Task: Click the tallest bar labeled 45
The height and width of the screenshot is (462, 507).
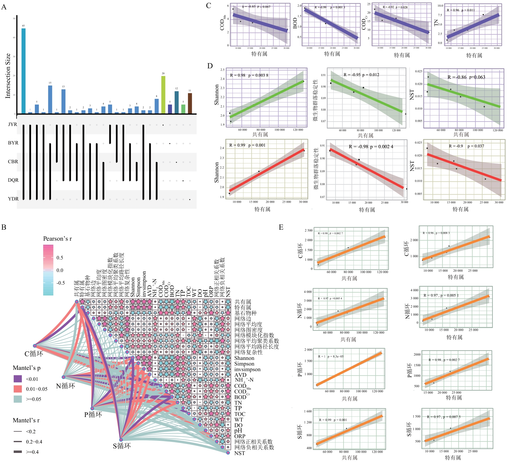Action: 23,71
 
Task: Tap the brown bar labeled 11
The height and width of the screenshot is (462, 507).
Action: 190,103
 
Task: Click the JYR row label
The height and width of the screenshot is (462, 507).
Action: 13,124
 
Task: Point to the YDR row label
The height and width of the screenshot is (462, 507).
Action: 13,199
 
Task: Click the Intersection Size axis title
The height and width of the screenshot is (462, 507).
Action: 8,76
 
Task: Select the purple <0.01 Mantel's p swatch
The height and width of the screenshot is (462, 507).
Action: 18,379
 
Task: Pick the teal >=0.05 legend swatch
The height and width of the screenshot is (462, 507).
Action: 18,399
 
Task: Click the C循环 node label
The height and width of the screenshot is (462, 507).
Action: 34,354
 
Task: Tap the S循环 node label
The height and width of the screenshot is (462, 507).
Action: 122,446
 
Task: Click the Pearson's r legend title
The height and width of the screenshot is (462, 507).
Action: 57,239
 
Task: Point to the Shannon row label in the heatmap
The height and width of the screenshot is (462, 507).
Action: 244,358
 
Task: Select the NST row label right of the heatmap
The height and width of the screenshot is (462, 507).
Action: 240,453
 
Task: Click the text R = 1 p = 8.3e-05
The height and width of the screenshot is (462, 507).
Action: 331,356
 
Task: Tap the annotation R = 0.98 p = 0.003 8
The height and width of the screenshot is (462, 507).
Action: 249,75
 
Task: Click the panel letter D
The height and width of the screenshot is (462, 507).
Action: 210,66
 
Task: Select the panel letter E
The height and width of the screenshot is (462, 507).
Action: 281,227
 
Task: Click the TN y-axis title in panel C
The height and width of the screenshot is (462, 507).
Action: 436,23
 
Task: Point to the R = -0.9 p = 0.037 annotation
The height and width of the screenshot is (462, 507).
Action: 466,146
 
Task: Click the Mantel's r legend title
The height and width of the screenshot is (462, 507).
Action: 26,420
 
